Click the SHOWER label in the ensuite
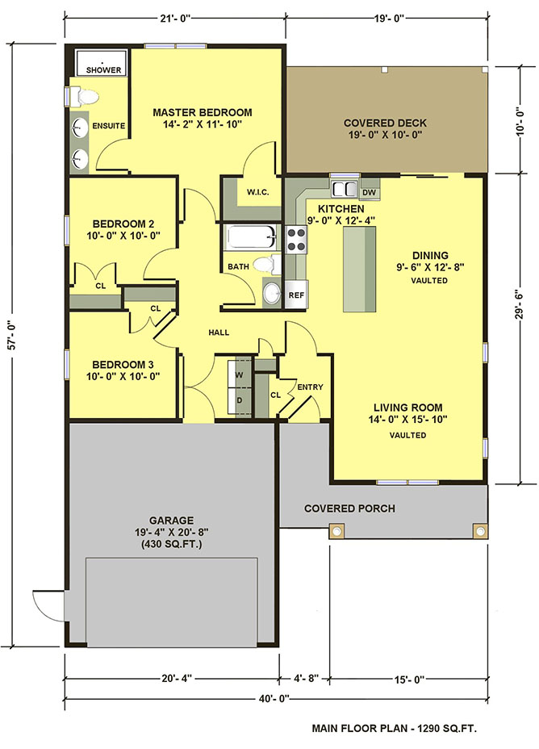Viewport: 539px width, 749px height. coord(103,69)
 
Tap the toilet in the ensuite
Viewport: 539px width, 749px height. coord(85,97)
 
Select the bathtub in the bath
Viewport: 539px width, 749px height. coord(252,237)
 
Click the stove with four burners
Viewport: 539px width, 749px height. coord(296,240)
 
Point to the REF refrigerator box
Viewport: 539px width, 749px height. coord(296,295)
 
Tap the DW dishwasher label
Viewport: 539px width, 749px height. coord(369,193)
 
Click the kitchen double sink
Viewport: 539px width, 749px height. coord(345,189)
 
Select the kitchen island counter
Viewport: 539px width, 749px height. coord(360,269)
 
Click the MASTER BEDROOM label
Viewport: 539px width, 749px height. coord(203,113)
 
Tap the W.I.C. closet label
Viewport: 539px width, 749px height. coord(258,192)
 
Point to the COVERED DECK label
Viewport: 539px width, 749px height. coord(385,123)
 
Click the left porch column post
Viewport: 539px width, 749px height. coord(336,531)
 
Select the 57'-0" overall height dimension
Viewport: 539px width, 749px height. coord(13,334)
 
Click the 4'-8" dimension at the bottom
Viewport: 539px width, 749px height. coord(304,678)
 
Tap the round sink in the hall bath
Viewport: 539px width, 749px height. coord(272,293)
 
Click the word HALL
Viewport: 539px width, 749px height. coord(219,333)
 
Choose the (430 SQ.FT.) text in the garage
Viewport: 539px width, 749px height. coord(171,544)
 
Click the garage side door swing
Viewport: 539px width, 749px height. coord(48,605)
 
